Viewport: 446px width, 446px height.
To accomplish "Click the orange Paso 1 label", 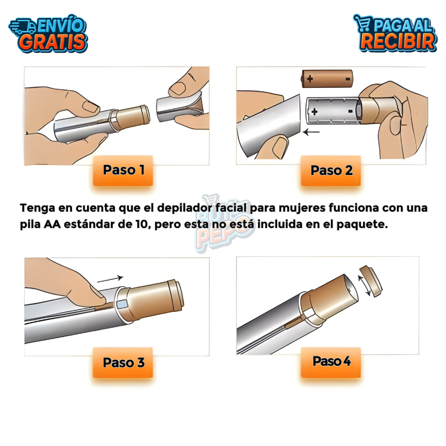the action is click(x=123, y=170).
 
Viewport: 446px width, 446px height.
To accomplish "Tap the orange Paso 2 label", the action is click(x=331, y=170).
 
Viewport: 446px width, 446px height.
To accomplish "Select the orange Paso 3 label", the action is click(x=123, y=363).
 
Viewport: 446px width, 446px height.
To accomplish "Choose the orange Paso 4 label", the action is click(x=331, y=362).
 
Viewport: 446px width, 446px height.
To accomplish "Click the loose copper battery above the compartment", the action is click(x=327, y=79).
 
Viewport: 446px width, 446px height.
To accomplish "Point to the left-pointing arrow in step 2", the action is click(x=311, y=132).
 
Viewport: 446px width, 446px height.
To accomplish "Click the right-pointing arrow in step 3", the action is click(x=110, y=279).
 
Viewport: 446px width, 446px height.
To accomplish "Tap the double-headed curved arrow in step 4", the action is click(x=364, y=285).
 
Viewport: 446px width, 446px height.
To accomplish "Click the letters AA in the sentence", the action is click(x=53, y=224).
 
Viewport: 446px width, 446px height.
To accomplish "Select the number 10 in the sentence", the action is click(x=143, y=224).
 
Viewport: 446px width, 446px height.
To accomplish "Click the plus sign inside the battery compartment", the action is click(x=314, y=111).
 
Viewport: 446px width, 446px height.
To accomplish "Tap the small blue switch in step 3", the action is click(x=122, y=304).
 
